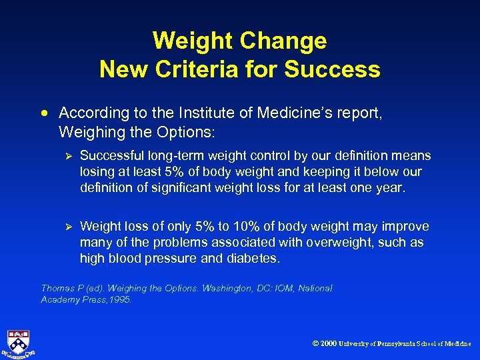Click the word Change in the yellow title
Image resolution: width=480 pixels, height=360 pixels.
click(283, 41)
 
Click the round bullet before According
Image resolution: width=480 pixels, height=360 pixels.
click(48, 114)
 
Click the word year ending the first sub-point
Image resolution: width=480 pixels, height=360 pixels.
click(389, 188)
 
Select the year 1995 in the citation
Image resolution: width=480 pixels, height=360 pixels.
click(121, 300)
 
